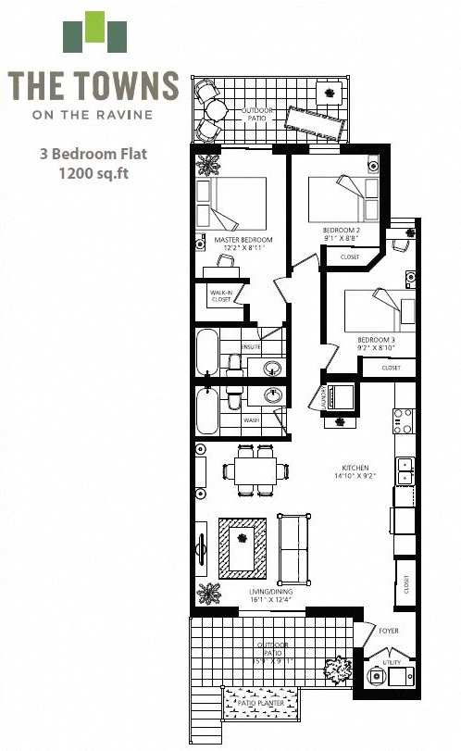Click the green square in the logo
(x=94, y=28)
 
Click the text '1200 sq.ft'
(x=93, y=172)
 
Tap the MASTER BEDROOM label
(x=240, y=240)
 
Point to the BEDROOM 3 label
(x=376, y=340)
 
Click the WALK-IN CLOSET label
(x=220, y=295)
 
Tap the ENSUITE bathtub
(x=207, y=352)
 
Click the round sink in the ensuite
(x=272, y=369)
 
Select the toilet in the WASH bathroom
(x=233, y=399)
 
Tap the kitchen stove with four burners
(x=404, y=421)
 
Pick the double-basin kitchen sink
(x=405, y=470)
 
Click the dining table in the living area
(x=255, y=470)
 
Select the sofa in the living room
(x=293, y=549)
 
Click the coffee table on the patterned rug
(x=242, y=547)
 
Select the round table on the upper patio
(x=216, y=110)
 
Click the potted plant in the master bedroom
(x=207, y=166)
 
